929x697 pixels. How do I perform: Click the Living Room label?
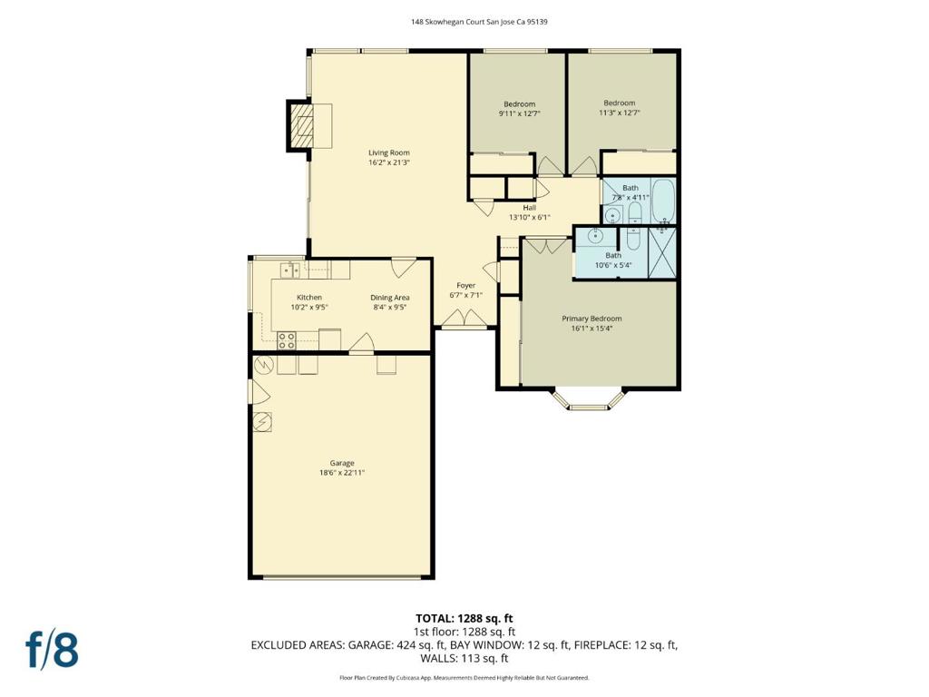388,152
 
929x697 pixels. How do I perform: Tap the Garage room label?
342,463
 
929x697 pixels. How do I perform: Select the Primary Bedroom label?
592,319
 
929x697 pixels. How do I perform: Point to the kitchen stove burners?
287,340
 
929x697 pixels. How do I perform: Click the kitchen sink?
289,270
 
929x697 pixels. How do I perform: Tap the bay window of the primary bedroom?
589,399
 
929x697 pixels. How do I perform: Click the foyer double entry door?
465,318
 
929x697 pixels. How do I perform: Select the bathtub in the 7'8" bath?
662,200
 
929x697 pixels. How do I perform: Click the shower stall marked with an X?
661,252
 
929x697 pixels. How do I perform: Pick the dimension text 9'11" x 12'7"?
519,113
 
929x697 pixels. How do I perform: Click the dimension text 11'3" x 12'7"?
619,113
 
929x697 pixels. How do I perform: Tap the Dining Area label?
390,298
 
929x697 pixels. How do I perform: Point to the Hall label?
529,208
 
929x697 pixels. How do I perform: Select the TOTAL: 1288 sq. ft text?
464,619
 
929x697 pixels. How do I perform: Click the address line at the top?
479,22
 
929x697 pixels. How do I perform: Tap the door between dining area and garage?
361,343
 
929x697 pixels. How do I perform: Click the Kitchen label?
309,297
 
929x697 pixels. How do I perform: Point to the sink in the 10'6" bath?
594,237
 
